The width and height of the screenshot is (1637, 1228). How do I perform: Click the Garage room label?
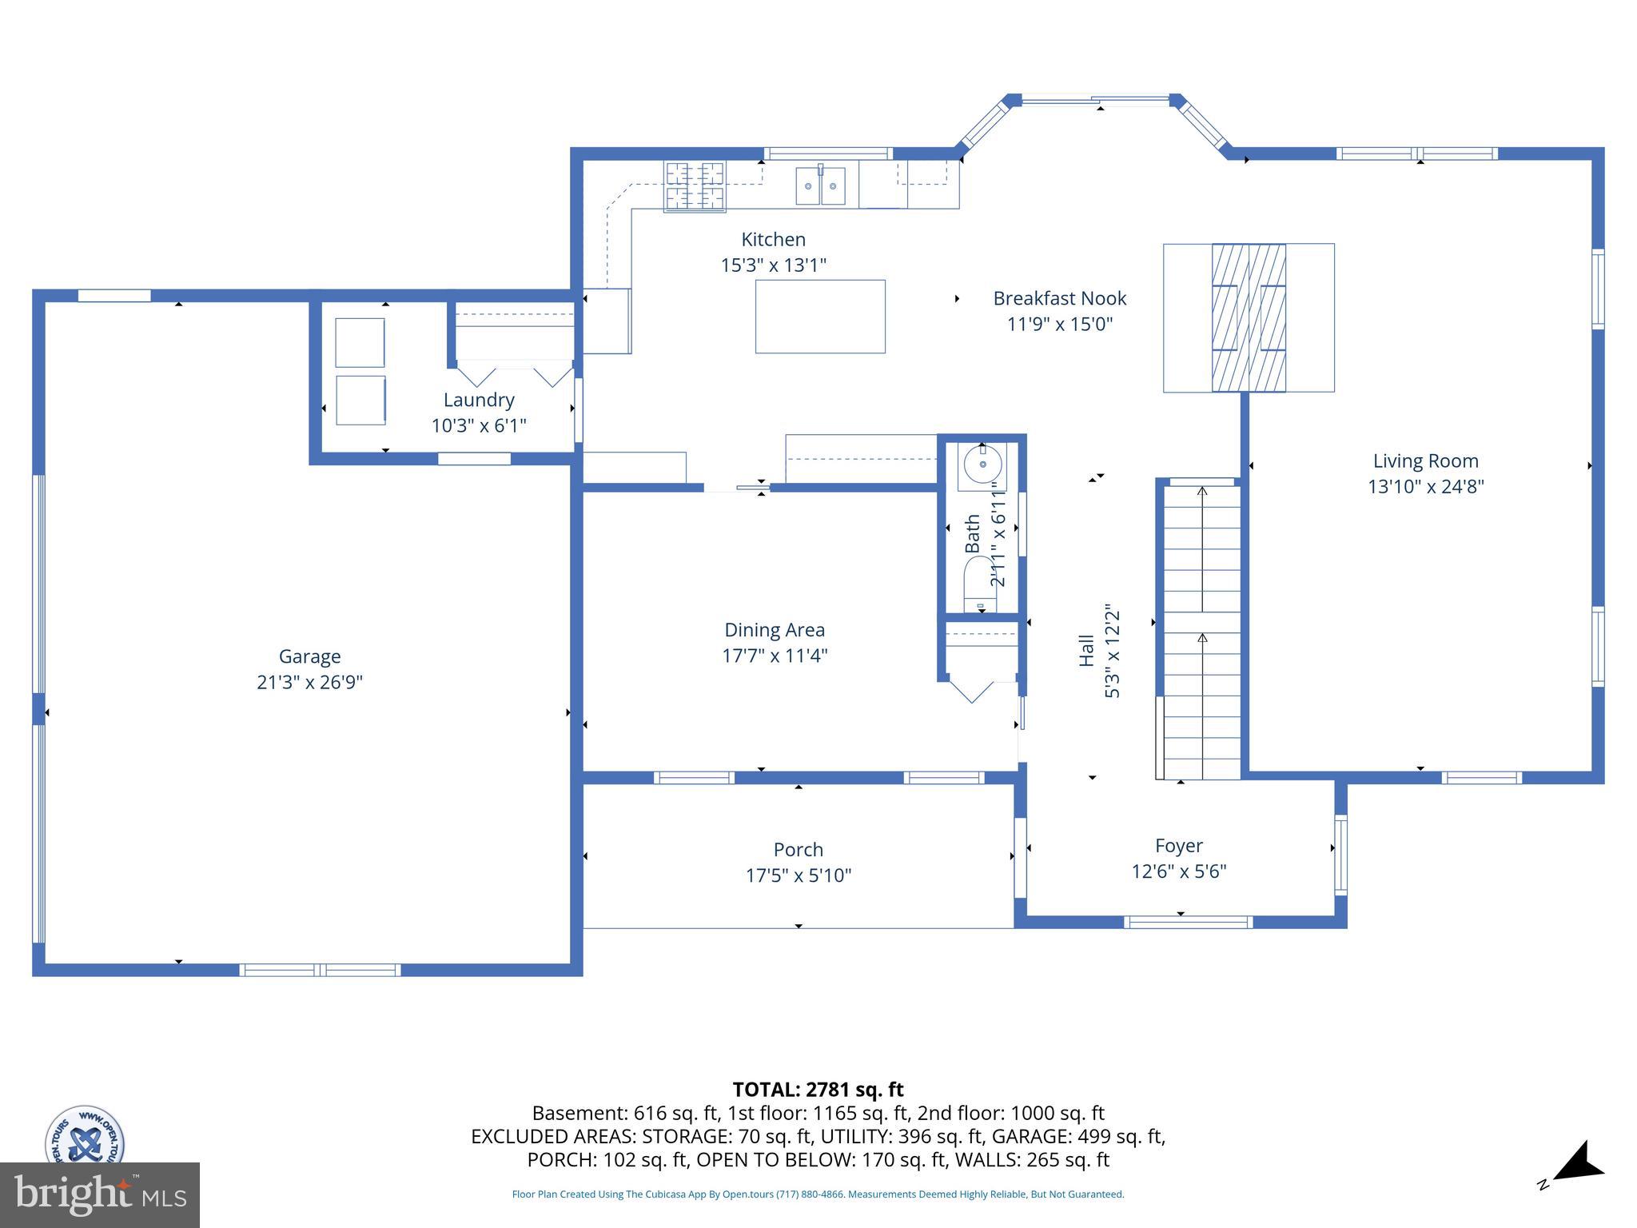[x=309, y=656]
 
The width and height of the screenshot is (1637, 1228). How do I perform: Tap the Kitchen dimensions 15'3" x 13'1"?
[x=773, y=265]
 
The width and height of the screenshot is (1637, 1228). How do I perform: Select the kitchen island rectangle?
[x=820, y=317]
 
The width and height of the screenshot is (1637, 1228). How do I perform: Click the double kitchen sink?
[x=820, y=186]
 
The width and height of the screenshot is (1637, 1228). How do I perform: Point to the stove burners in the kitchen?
[x=695, y=186]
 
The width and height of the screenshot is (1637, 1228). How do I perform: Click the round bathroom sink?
[x=982, y=464]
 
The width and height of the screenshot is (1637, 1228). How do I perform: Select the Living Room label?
[x=1425, y=460]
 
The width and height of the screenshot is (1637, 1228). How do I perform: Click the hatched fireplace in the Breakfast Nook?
[x=1249, y=317]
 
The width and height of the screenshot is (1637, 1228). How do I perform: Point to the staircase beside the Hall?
[x=1201, y=632]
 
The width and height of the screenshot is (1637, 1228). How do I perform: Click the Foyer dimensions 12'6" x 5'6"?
[x=1178, y=871]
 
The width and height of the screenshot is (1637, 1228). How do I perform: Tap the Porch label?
[x=798, y=849]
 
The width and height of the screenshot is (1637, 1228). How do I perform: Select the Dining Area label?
[x=774, y=630]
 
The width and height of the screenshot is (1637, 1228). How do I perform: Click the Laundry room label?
[x=479, y=400]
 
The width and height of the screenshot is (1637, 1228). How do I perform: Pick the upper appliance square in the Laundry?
[x=360, y=342]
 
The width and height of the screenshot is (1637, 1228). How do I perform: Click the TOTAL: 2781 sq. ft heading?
[x=818, y=1089]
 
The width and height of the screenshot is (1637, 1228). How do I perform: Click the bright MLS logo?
[x=100, y=1194]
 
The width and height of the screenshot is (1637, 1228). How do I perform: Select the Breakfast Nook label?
[x=1059, y=298]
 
